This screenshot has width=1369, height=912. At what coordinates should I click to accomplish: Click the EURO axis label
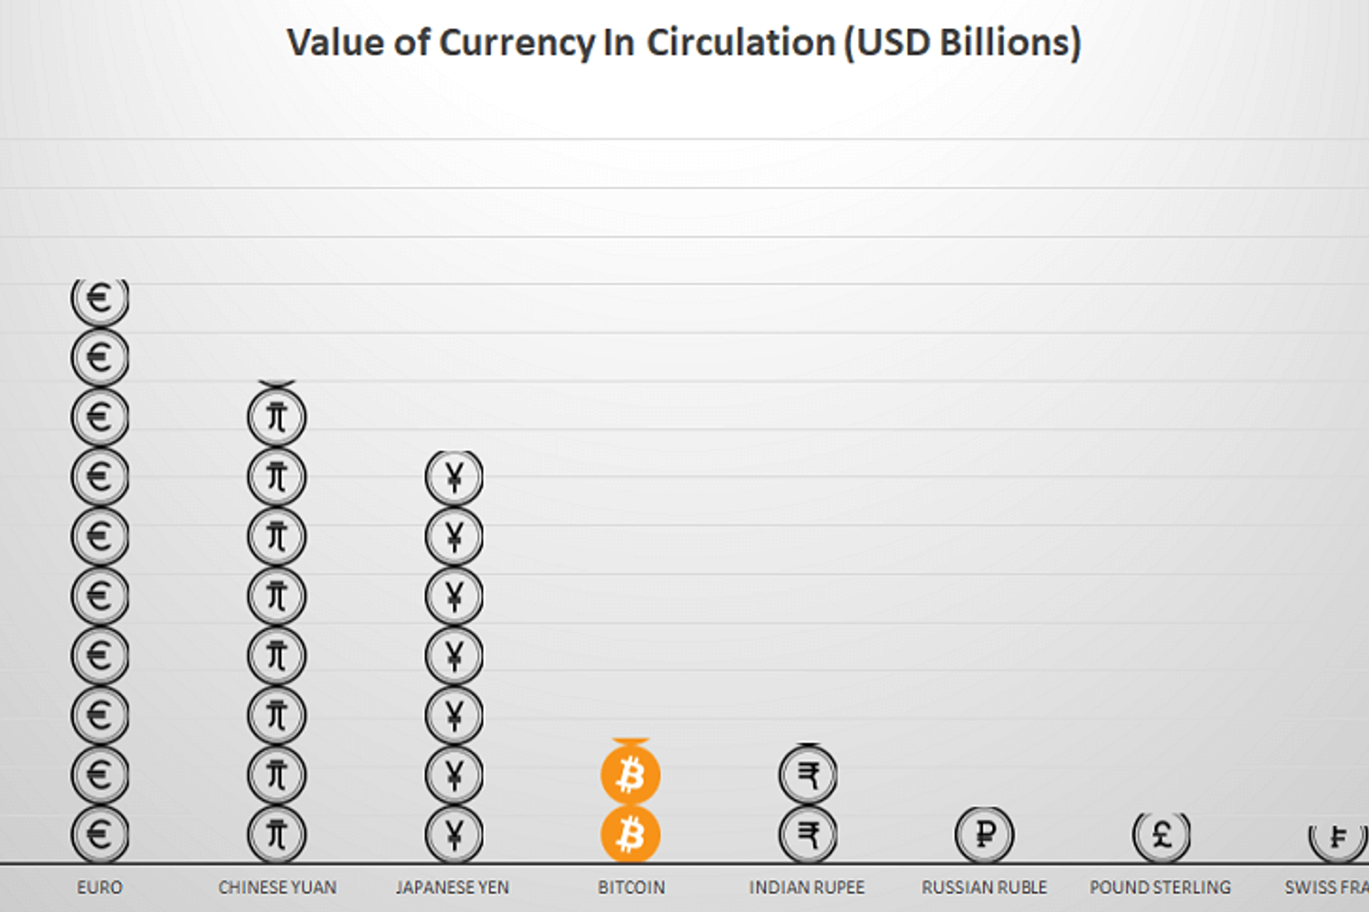click(x=99, y=887)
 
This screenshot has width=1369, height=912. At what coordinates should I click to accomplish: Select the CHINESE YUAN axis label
click(x=277, y=887)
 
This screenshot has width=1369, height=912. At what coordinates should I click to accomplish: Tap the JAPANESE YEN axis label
click(x=453, y=887)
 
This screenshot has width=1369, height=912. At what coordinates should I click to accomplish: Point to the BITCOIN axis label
click(x=632, y=887)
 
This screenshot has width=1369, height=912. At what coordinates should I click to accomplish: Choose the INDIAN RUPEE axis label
click(x=807, y=887)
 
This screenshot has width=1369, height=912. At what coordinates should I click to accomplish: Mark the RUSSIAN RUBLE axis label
click(x=984, y=887)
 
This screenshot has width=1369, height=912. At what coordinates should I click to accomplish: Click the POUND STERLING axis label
click(x=1160, y=887)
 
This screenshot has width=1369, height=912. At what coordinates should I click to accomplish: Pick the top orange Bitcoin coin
click(x=630, y=774)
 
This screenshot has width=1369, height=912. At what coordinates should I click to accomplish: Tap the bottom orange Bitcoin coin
click(x=630, y=834)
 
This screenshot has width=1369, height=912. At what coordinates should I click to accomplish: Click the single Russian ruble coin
click(x=984, y=834)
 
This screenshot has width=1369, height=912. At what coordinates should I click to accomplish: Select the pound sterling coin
click(x=1161, y=834)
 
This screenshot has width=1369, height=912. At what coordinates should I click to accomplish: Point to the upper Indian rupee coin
click(x=808, y=774)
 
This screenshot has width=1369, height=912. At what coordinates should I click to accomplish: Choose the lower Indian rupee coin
click(x=808, y=834)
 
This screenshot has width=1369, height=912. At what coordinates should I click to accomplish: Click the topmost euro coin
click(x=99, y=299)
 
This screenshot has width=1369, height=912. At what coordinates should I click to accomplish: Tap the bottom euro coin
click(x=99, y=834)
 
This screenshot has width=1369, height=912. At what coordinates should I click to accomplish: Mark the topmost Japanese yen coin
click(x=454, y=477)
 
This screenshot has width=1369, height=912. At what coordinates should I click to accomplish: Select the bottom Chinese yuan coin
click(x=277, y=834)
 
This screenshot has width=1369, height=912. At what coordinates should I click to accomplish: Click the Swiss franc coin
click(x=1338, y=837)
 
